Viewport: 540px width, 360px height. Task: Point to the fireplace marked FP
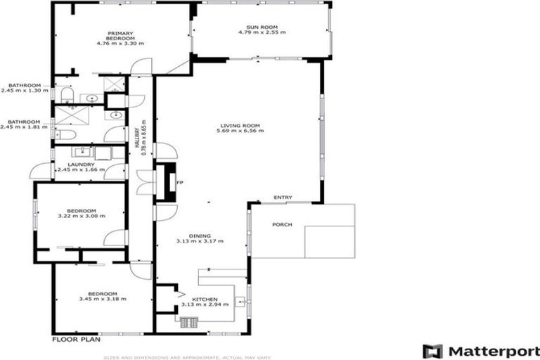pos(167,182)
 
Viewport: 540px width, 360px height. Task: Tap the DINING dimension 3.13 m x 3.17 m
pos(200,241)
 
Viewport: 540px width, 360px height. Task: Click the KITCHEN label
pos(194,299)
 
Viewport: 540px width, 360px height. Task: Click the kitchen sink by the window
pos(240,302)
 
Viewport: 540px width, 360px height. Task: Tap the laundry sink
pos(82,150)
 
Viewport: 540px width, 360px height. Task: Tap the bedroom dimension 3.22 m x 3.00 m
pos(81,216)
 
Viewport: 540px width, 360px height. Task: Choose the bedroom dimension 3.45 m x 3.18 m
pos(102,299)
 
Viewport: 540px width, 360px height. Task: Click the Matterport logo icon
pos(432,350)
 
